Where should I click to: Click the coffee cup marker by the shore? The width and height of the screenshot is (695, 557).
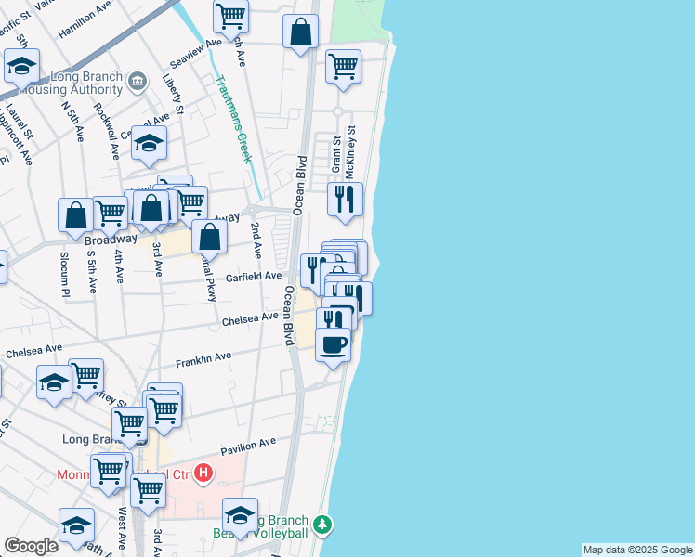click(x=334, y=344)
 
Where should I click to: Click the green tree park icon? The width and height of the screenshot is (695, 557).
click(x=322, y=525)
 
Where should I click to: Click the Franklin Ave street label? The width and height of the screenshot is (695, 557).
click(x=203, y=357)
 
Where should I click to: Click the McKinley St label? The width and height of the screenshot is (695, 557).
click(x=350, y=149)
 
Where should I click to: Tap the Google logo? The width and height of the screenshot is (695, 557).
click(x=31, y=546)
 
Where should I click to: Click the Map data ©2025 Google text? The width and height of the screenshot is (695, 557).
click(x=637, y=550)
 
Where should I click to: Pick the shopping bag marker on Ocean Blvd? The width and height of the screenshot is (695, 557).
click(x=302, y=32)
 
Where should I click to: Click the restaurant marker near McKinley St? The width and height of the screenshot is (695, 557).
click(x=345, y=199)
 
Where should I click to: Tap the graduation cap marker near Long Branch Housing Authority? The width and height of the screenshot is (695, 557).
click(x=20, y=66)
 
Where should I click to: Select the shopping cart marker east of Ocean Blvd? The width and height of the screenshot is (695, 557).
click(x=343, y=67)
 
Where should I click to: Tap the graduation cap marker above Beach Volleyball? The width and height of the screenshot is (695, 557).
click(x=240, y=515)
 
